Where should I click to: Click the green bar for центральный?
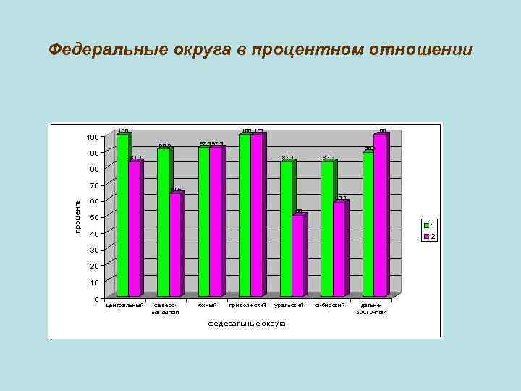(x=122, y=215)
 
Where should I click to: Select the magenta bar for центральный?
(x=134, y=228)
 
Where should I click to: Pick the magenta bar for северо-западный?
(x=175, y=244)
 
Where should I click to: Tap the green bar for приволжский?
(x=245, y=215)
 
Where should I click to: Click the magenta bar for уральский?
(x=297, y=255)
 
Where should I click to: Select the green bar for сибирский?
(x=327, y=228)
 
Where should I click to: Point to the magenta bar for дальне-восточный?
(x=380, y=215)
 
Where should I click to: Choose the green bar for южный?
(x=204, y=221)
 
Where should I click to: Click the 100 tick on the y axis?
(x=91, y=138)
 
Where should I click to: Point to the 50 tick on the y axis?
(x=93, y=217)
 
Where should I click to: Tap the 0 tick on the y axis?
(x=96, y=298)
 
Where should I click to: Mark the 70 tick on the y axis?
(x=93, y=185)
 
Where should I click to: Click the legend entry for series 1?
(x=430, y=226)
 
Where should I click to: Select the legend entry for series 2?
(x=430, y=237)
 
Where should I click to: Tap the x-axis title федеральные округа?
(x=247, y=323)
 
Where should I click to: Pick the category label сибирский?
(x=329, y=305)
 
